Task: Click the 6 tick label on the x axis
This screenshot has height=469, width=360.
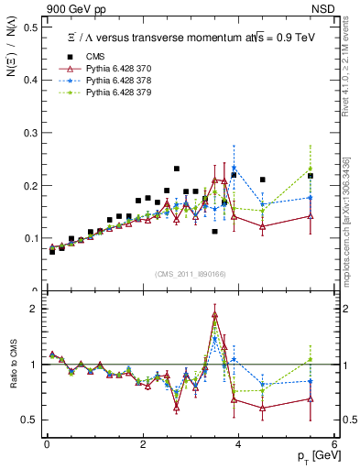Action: (x=334, y=444)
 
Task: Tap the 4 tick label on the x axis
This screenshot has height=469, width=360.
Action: (x=238, y=444)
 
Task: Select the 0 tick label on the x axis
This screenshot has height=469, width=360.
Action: (x=47, y=444)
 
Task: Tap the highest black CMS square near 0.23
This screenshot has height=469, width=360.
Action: (x=177, y=169)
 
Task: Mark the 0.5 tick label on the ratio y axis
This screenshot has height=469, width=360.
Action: (x=32, y=420)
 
